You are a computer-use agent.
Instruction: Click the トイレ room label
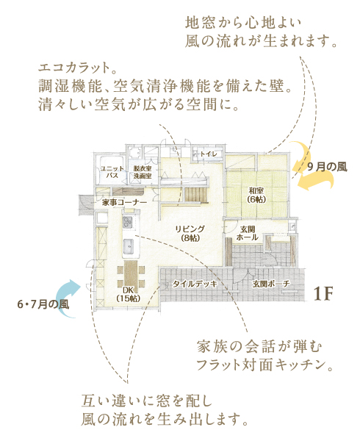click(208, 154)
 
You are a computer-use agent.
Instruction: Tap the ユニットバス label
click(112, 172)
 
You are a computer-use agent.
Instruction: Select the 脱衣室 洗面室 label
click(143, 172)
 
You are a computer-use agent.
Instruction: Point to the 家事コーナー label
click(124, 203)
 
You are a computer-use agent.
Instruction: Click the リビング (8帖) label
click(190, 234)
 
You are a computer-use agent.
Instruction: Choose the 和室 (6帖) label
click(256, 195)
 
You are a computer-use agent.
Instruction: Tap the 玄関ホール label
click(248, 234)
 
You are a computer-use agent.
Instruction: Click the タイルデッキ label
click(195, 284)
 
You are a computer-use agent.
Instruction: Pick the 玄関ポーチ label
click(271, 284)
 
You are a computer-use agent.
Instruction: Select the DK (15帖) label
click(128, 294)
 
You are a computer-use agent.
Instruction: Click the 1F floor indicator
click(323, 293)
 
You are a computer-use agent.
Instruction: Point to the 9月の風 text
click(327, 167)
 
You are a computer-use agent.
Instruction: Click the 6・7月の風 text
click(43, 304)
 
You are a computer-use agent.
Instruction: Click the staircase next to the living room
click(196, 195)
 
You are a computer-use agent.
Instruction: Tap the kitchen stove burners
click(128, 222)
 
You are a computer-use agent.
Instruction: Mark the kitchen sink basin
click(129, 246)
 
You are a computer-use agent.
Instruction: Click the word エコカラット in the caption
click(74, 68)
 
